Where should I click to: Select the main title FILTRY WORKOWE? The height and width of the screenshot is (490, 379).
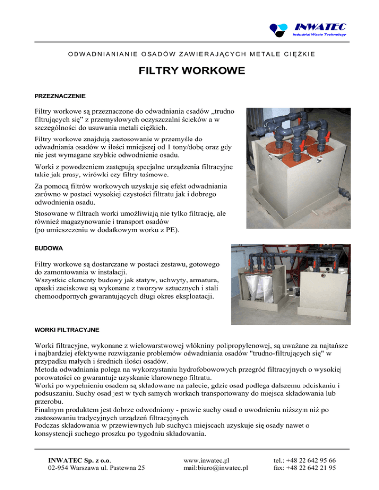coord(189,71)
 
